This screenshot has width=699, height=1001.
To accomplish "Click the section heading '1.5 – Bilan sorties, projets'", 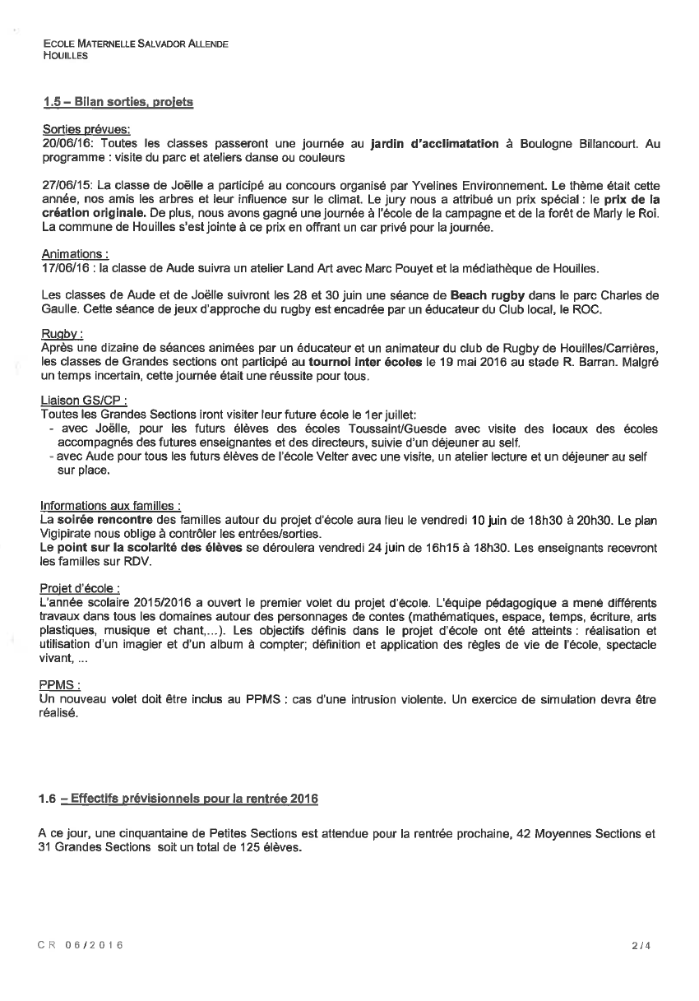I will [118, 103].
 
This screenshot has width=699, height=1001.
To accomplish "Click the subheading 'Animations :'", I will [75, 255].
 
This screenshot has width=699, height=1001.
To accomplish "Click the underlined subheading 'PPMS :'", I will [59, 684].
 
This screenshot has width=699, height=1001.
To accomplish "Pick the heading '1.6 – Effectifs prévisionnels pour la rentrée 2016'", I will [178, 799].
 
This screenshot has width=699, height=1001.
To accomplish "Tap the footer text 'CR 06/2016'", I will [81, 946].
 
